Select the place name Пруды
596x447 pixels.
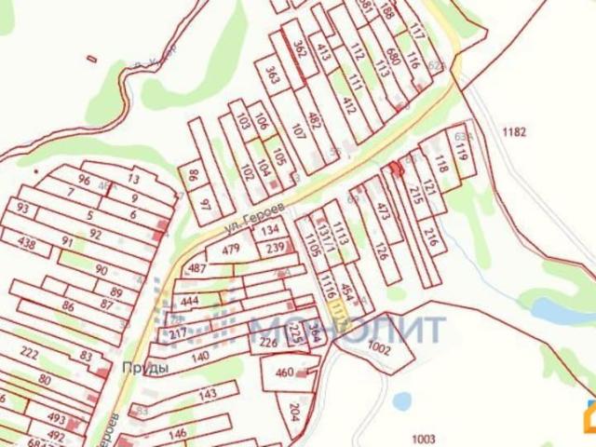[144, 367]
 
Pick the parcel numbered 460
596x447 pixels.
[284, 373]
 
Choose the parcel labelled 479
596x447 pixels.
[231, 249]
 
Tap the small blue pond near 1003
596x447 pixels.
[402, 401]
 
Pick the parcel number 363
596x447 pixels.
[271, 73]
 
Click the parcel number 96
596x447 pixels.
[85, 180]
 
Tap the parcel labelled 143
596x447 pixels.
[208, 395]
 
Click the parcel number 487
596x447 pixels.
[196, 268]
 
